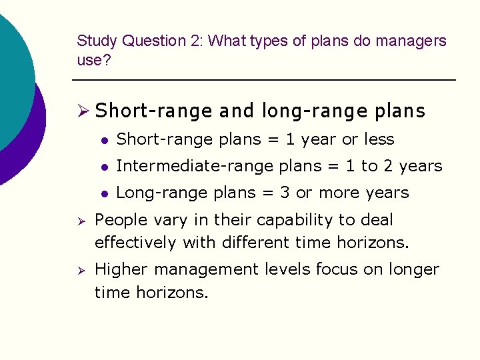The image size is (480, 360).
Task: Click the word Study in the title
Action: click(x=96, y=41)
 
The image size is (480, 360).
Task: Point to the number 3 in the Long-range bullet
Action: click(x=285, y=193)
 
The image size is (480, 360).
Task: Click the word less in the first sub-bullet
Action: click(x=379, y=140)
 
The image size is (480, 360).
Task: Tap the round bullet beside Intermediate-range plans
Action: click(x=104, y=167)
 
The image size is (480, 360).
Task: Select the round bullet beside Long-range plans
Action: click(x=104, y=193)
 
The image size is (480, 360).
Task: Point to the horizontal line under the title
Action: click(x=263, y=81)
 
